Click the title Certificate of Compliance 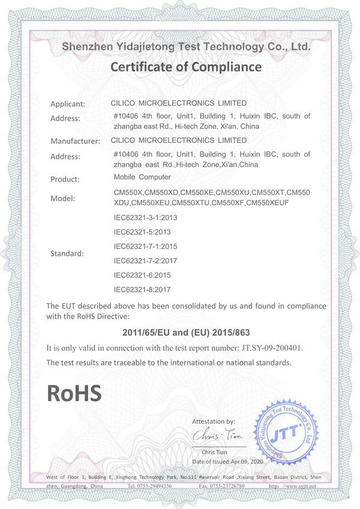186,67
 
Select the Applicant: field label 68,104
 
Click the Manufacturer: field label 74,142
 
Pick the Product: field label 65,179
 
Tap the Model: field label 63,198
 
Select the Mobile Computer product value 142,177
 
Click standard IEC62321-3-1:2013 146,217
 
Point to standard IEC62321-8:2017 142,289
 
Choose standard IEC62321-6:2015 142,275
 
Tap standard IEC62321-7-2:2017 146,261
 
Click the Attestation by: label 214,421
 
